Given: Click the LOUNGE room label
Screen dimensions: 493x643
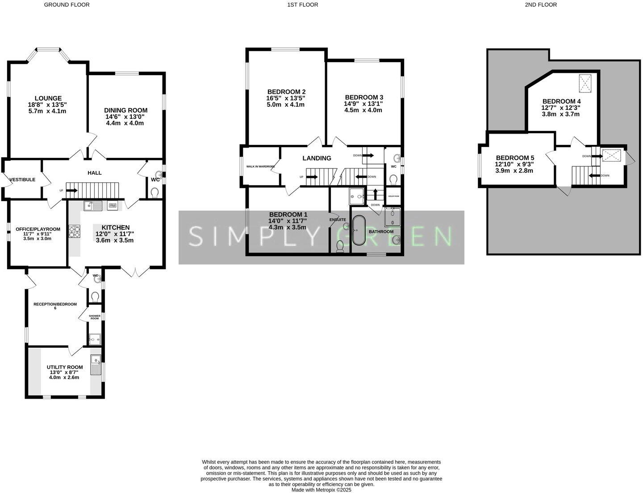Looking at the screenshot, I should tap(48, 98).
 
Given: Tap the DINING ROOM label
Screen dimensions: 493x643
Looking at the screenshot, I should tap(125, 110).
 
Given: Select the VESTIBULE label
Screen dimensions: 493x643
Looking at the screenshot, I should tap(22, 180).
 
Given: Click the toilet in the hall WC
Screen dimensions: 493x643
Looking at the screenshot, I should tap(154, 192).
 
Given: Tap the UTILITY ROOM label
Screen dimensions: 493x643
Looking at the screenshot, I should tap(65, 367).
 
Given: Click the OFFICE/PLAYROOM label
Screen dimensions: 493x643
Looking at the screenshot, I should tap(38, 229).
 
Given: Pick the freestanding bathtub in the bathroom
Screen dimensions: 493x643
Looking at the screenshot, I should tap(359, 231).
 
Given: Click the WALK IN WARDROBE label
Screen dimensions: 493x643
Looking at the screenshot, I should tap(260, 166).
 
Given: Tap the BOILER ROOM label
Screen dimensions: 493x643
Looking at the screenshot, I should tap(393, 196).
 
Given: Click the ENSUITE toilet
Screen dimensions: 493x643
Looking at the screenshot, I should tap(340, 246).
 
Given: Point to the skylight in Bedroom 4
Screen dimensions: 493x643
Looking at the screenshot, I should tap(585, 83).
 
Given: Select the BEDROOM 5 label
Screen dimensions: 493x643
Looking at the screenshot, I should tap(515, 158).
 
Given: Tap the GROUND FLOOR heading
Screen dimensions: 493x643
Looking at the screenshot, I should tap(67, 5).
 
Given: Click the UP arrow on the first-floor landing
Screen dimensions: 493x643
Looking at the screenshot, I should tap(311, 177).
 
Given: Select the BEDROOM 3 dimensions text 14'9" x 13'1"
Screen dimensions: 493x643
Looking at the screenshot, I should tap(363, 104).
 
